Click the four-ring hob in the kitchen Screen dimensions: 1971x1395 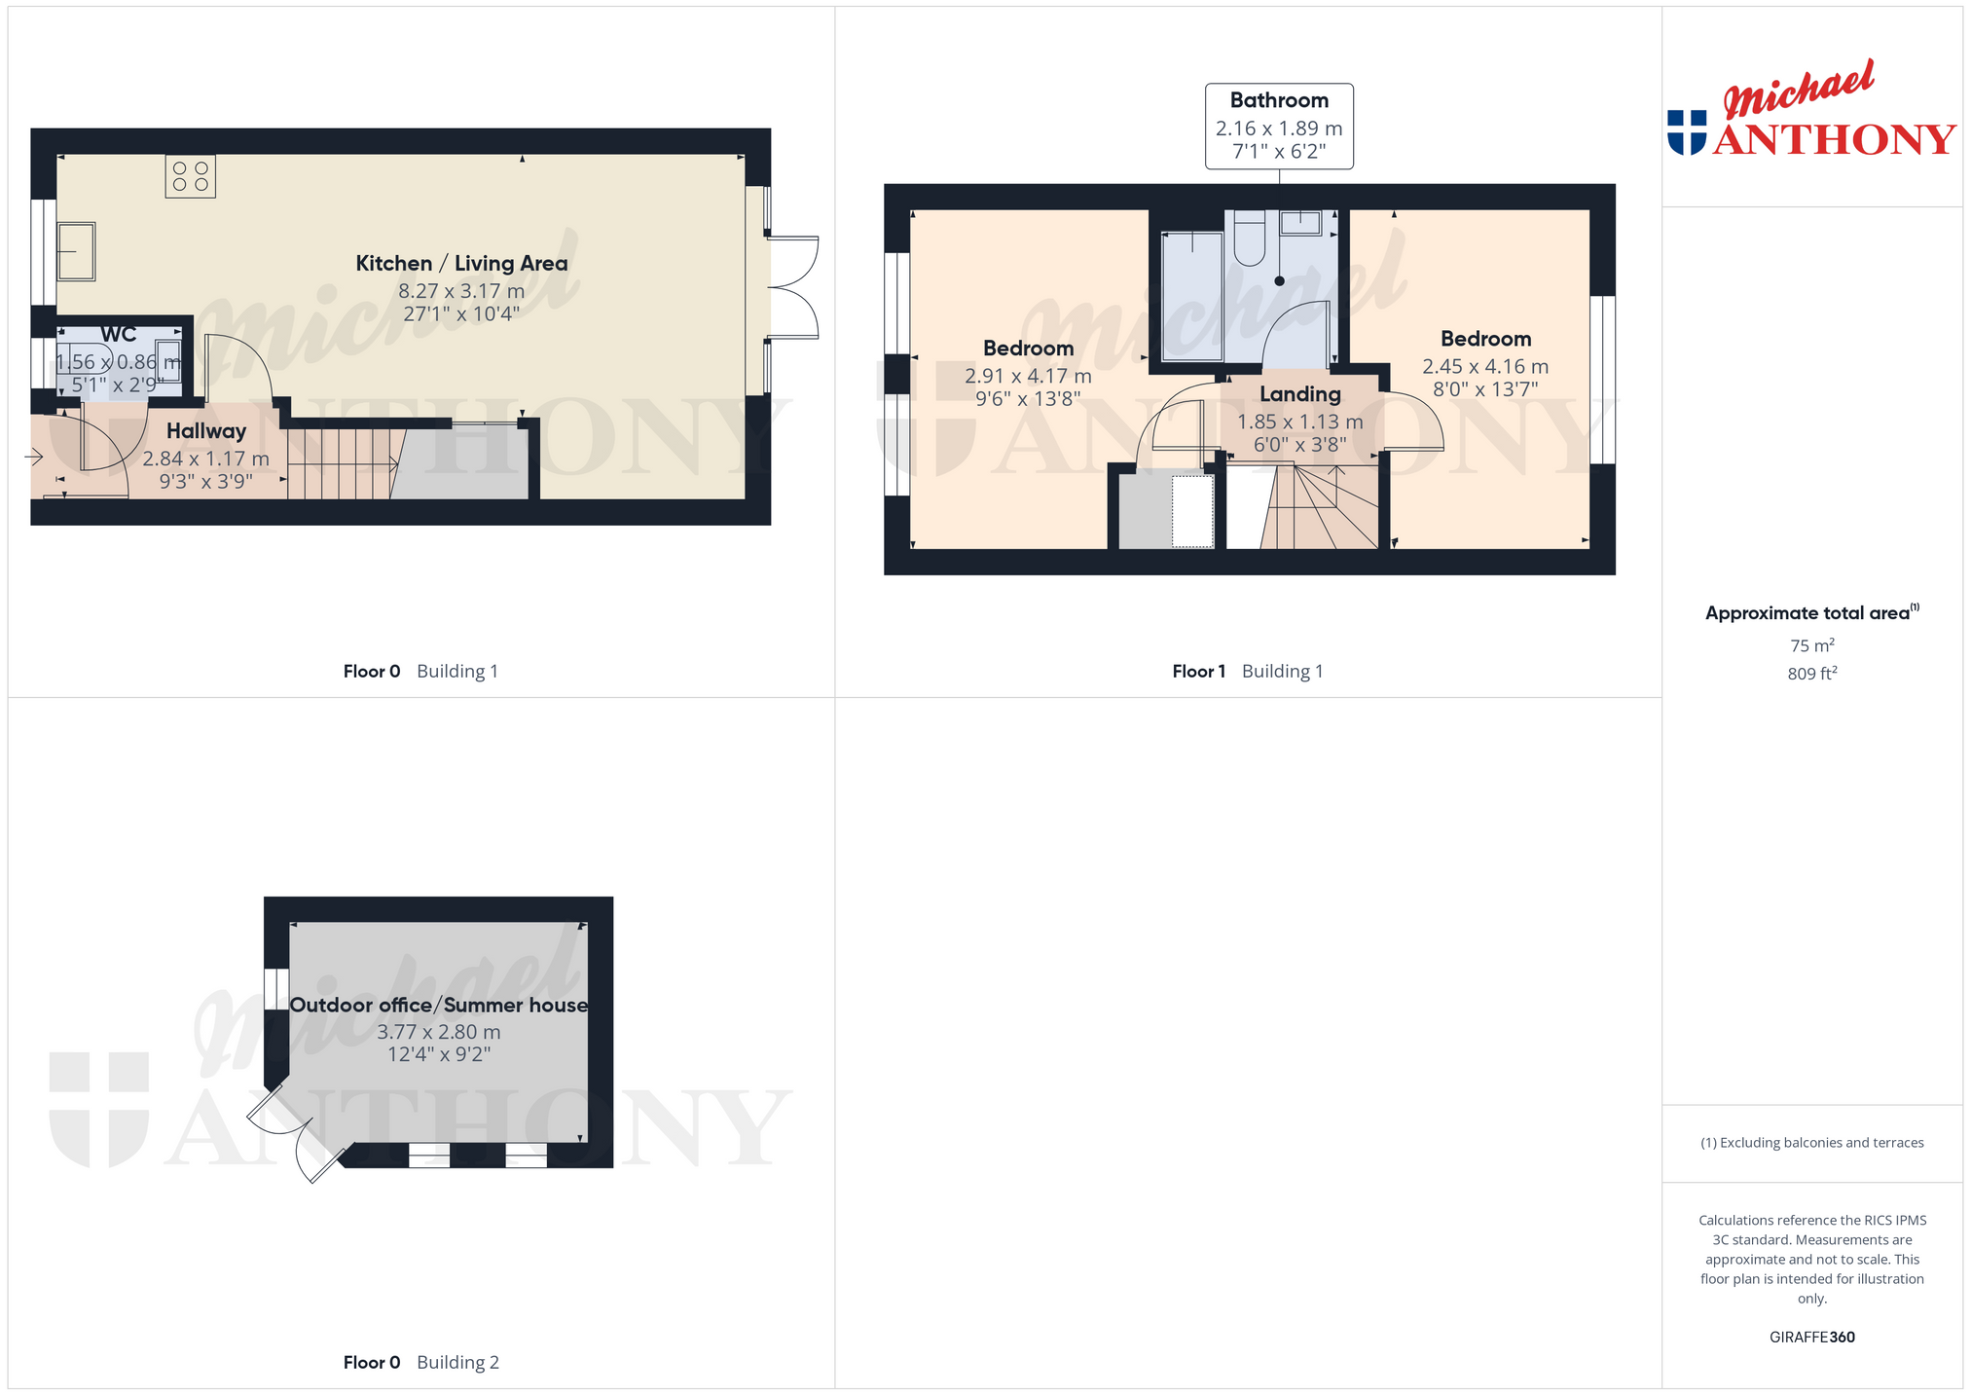(x=190, y=176)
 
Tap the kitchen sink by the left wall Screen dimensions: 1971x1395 (x=76, y=252)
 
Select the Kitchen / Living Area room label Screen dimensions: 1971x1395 (x=461, y=263)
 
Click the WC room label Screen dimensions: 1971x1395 (x=119, y=334)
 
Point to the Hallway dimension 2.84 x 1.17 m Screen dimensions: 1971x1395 (x=206, y=459)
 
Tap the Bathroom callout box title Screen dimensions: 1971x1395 (x=1279, y=100)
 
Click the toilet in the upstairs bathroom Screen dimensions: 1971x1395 (x=1250, y=238)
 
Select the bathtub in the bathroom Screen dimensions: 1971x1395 (x=1192, y=296)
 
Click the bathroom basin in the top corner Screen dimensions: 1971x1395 (x=1300, y=222)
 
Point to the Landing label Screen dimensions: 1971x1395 (x=1300, y=394)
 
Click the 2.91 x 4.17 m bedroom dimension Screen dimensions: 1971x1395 (x=1028, y=376)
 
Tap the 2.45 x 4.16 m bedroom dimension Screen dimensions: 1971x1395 (x=1485, y=367)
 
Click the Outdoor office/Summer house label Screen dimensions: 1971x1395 (x=439, y=1005)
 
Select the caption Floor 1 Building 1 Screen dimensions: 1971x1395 (x=1248, y=671)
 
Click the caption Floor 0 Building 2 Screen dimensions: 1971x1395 (x=420, y=1362)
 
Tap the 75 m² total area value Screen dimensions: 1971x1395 (x=1812, y=645)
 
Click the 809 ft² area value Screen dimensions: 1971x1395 (x=1812, y=673)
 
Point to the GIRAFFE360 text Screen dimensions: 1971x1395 (x=1812, y=1337)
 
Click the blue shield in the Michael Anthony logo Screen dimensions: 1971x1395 (x=1687, y=132)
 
